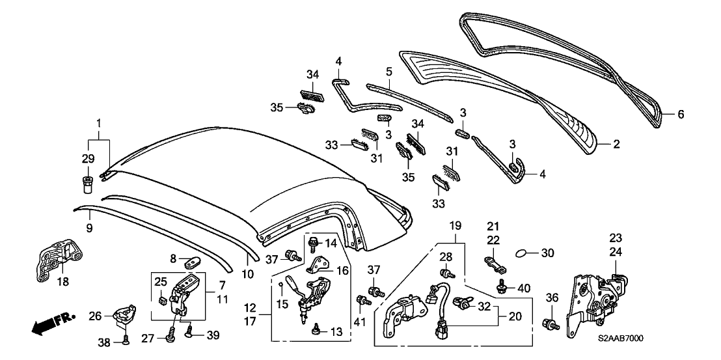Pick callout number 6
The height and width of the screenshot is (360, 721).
tap(681, 115)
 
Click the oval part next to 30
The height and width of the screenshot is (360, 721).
tap(524, 252)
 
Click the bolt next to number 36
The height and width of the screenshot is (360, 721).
tap(551, 324)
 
